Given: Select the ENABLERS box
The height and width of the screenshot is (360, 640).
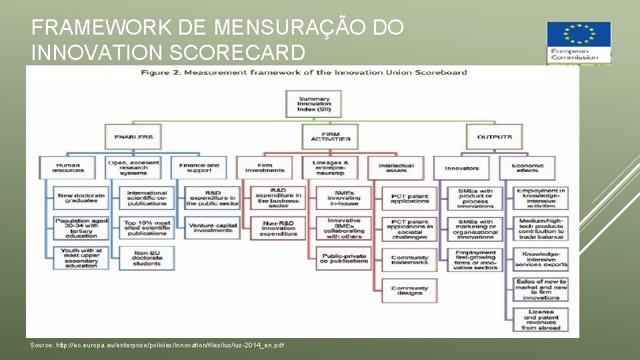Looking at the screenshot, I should (133, 137).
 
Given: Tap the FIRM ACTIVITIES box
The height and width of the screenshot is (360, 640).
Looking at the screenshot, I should (330, 136).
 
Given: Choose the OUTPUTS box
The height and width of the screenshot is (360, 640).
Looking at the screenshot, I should (495, 137).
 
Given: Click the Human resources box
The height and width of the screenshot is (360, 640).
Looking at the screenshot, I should (69, 167).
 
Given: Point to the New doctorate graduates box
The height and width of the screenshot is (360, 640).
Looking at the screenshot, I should (81, 198).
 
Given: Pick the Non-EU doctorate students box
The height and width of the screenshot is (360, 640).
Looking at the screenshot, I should (147, 257).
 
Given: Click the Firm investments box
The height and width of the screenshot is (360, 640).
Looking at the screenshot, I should (273, 167).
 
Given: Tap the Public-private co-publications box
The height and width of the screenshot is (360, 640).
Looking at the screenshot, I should (344, 259).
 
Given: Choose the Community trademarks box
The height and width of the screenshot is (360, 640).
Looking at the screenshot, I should (410, 259).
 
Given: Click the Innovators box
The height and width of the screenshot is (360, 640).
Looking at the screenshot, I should (462, 168).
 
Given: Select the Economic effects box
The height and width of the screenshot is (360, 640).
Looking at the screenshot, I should (528, 167).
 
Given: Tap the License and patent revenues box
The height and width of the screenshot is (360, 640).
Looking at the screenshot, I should (541, 319).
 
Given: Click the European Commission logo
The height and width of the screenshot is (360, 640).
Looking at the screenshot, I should (578, 43).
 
